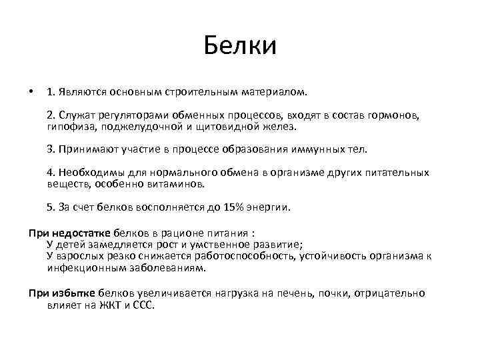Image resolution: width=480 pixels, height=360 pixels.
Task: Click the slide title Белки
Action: (x=240, y=46)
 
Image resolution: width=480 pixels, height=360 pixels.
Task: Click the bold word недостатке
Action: (x=79, y=234)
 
